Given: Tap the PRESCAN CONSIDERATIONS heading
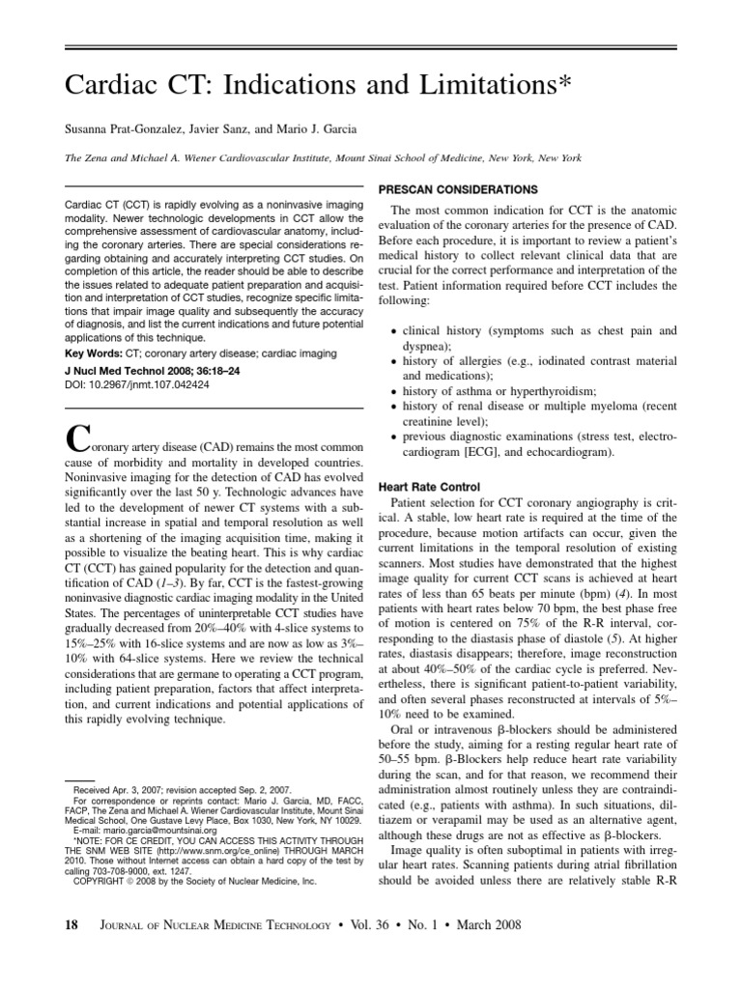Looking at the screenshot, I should tap(458, 189).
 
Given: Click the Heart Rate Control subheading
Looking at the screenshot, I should tap(428, 487).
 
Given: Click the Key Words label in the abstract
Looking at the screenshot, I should tap(94, 353).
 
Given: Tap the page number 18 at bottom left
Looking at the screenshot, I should tap(71, 924).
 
